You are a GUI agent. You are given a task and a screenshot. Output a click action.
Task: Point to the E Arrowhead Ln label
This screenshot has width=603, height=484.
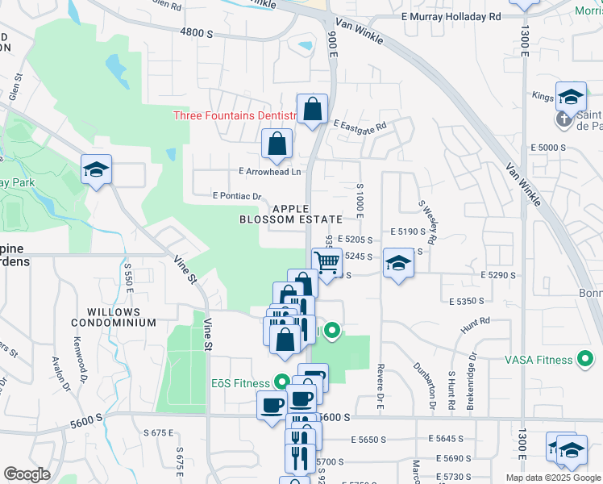(x=269, y=171)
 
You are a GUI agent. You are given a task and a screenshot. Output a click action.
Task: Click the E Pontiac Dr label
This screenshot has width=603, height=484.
(x=238, y=196)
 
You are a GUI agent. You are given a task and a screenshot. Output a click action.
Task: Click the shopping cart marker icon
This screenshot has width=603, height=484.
(x=326, y=262)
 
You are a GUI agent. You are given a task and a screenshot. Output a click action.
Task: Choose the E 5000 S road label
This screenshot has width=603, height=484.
(x=546, y=148)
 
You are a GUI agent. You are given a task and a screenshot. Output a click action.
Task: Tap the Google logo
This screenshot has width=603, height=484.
(x=27, y=474)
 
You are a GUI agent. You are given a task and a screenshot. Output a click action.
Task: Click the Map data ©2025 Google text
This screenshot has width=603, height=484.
(x=552, y=478)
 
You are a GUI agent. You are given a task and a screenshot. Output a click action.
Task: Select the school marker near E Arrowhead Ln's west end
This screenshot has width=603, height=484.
(x=96, y=170)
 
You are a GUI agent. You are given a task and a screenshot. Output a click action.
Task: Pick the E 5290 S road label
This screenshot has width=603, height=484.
(x=499, y=275)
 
